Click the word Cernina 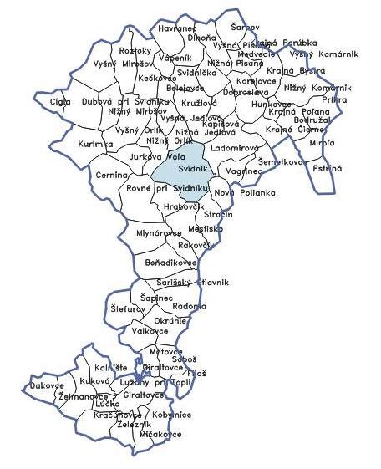pyautogui.click(x=111, y=175)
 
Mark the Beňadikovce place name pyautogui.click(x=171, y=263)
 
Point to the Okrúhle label pyautogui.click(x=171, y=320)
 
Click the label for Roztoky pyautogui.click(x=135, y=52)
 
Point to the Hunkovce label pyautogui.click(x=272, y=104)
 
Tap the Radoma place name pyautogui.click(x=188, y=306)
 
